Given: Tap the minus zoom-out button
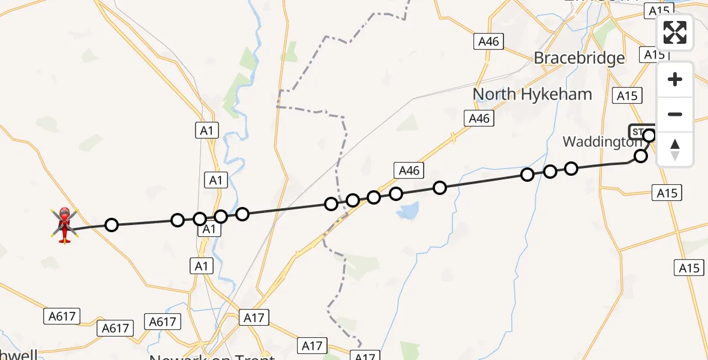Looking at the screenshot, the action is point(675,114).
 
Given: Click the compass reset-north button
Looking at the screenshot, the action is point(675,149).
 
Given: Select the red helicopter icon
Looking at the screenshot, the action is point(64,225).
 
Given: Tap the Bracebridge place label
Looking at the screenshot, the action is point(579,58).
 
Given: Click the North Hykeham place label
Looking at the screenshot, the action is point(532,94).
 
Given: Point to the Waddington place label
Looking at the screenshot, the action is point(602,142).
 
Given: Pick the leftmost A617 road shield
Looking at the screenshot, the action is point(62,316).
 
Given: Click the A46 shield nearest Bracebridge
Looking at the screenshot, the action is point(488,41).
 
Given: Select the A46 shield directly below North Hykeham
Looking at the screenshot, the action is point(479,118).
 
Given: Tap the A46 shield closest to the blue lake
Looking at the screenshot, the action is point(409,170).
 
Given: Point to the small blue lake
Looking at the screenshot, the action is point(409,210).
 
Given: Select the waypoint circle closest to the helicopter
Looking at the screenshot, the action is point(112,225).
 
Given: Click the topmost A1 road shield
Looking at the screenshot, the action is point(207,130).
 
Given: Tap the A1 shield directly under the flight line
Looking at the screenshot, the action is point(208,229).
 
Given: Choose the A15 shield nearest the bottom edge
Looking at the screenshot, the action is point(689,268).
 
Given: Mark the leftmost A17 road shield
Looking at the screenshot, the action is point(254,317).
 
